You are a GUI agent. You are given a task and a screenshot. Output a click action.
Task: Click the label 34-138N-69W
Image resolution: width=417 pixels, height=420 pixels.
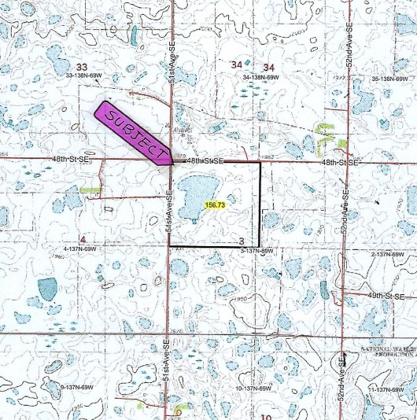tap(262, 78)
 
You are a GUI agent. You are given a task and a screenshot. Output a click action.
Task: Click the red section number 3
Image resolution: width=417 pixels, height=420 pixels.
tap(242, 241)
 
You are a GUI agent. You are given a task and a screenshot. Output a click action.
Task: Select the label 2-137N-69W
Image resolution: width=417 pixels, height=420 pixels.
tap(390, 255)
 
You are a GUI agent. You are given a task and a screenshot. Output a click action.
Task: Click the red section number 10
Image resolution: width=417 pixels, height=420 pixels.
tap(266, 416)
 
